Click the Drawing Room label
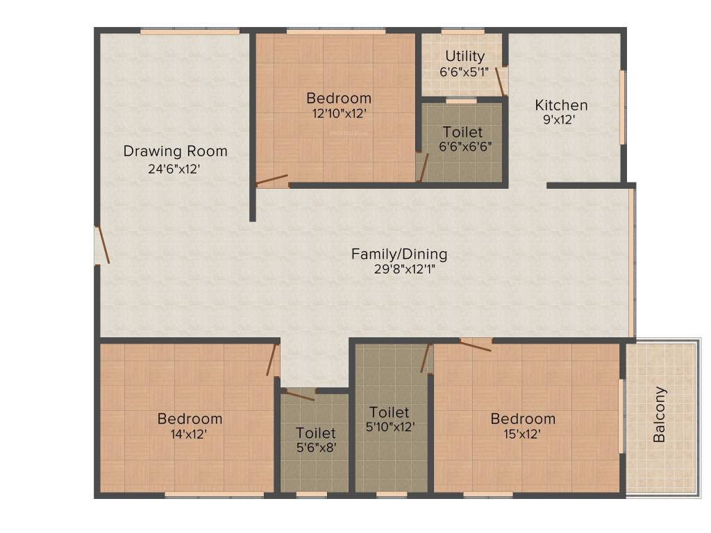pos(175,151)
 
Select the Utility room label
pos(465,56)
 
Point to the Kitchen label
pos(561,105)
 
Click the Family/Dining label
pos(399,254)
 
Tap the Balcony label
pos(660,414)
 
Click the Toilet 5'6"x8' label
pos(315,433)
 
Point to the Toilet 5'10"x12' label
pos(389,412)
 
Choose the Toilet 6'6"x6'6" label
pos(462,132)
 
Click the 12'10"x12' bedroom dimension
pos(339,113)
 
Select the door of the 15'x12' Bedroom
pos(476,344)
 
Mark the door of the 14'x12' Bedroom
pos(272,360)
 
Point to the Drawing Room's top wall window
pos(190,31)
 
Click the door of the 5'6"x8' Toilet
pos(301,395)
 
